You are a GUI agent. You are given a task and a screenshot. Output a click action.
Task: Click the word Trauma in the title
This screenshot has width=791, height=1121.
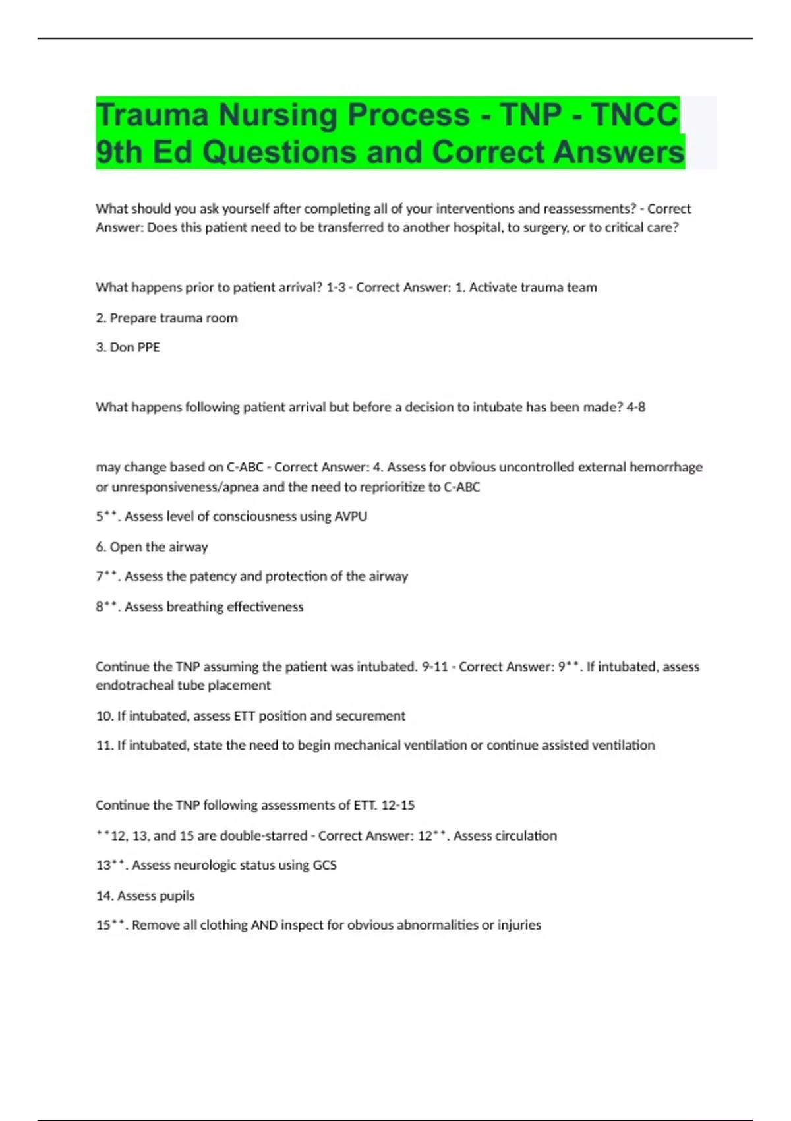(x=152, y=115)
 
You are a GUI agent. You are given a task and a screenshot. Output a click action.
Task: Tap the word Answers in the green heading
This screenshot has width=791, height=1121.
(x=619, y=152)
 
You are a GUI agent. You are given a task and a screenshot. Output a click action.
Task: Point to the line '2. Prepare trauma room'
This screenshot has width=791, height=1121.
(x=167, y=318)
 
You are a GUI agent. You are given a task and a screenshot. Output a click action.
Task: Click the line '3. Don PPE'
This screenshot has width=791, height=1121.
(x=128, y=348)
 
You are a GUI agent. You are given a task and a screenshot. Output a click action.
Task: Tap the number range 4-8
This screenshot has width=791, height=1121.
(x=635, y=407)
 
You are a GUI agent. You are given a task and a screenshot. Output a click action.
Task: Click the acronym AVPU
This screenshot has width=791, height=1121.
(x=351, y=516)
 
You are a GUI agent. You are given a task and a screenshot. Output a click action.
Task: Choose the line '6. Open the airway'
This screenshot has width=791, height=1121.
(x=152, y=547)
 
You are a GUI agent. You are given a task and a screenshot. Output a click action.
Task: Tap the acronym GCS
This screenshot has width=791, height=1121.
(x=324, y=865)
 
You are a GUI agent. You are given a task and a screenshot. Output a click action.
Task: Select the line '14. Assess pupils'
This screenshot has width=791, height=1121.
(x=145, y=895)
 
